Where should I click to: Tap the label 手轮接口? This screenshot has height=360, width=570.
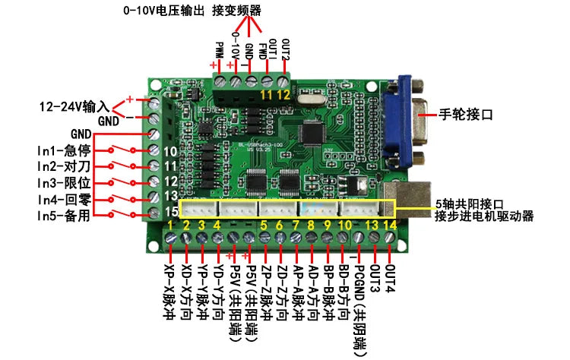point(467,115)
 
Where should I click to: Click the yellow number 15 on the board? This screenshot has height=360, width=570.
point(171,211)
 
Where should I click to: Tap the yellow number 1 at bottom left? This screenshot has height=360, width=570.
point(170,226)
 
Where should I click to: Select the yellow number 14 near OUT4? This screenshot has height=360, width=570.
point(390,225)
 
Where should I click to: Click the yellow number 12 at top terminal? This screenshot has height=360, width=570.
point(283,94)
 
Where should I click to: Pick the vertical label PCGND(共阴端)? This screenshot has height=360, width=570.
point(358,304)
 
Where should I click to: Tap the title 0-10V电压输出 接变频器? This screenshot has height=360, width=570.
point(192,11)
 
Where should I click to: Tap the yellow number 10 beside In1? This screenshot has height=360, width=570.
point(171,151)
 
